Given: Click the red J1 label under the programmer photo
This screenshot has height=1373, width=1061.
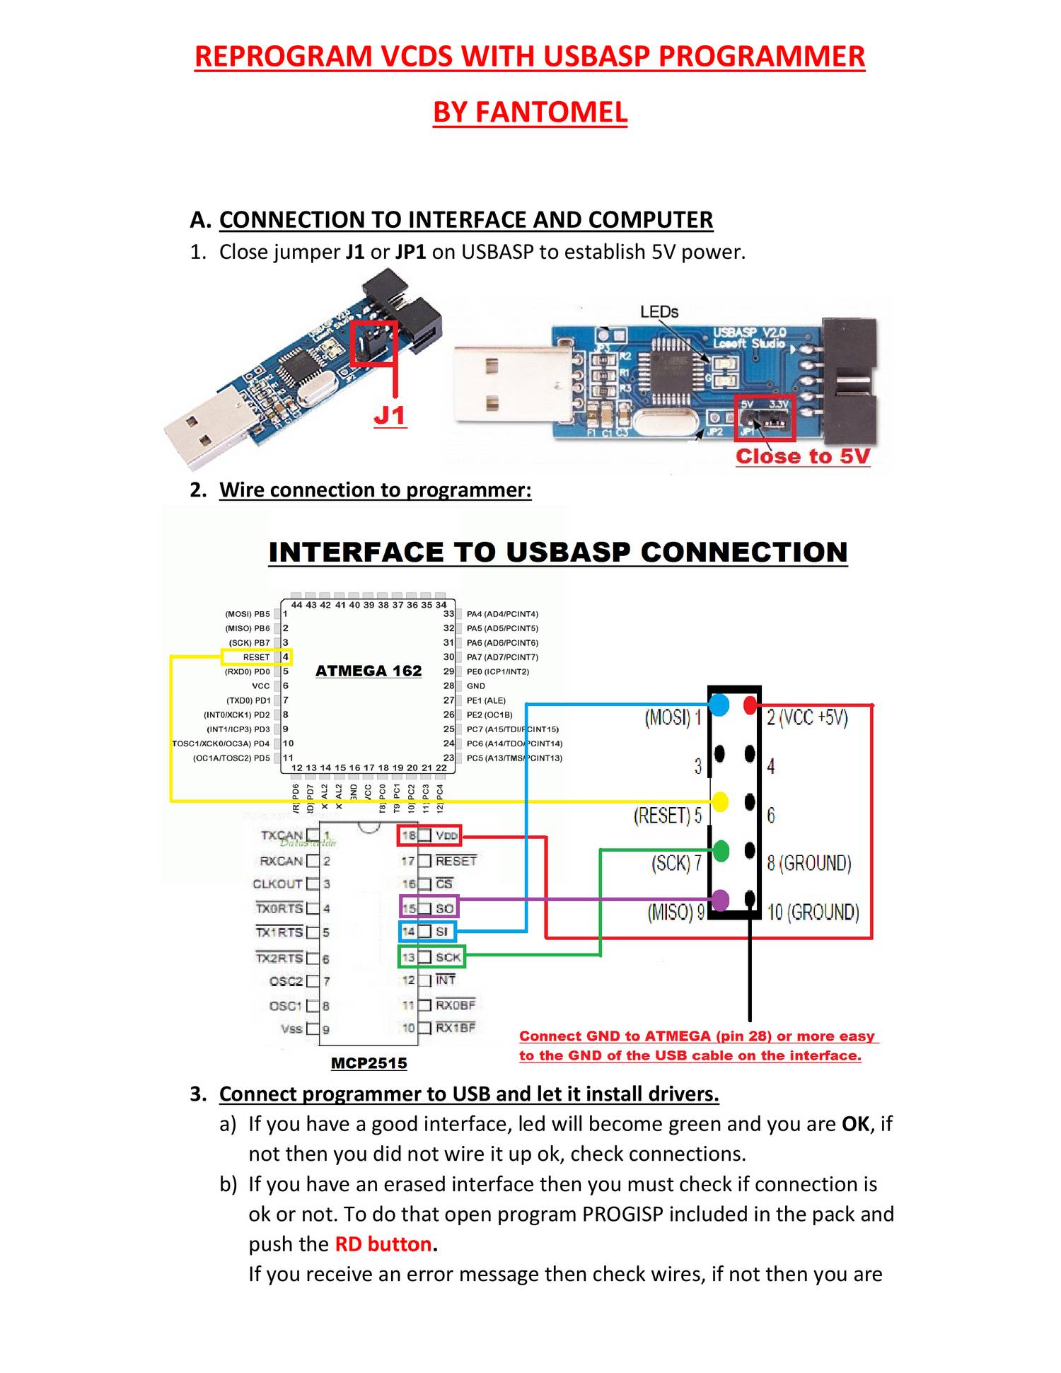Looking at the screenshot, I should click(390, 415).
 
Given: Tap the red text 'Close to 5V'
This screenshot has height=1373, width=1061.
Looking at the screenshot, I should click(802, 456).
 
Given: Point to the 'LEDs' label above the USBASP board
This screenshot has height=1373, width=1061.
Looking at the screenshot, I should click(659, 312).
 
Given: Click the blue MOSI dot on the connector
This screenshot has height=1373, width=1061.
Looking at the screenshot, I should click(719, 705).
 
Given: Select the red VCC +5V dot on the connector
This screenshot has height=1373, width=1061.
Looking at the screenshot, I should click(750, 705).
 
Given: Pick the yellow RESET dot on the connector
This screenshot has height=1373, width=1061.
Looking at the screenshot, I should click(719, 801).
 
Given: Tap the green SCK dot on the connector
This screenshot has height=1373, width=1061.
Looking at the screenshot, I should click(720, 850).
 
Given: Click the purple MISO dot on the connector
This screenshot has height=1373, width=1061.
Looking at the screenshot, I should click(720, 900).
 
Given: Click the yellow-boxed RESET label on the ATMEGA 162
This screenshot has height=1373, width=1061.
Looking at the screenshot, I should click(256, 657).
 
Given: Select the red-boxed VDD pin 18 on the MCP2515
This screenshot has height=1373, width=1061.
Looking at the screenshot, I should click(429, 835).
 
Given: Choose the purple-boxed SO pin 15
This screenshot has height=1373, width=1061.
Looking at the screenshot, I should click(429, 908).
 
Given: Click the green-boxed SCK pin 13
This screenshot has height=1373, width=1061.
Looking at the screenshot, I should click(431, 957).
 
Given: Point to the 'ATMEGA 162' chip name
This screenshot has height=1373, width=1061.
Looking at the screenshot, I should click(368, 671).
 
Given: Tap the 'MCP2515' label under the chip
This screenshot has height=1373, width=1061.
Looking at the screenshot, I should click(369, 1062).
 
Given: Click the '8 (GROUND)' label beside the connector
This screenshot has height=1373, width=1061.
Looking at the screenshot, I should click(808, 863).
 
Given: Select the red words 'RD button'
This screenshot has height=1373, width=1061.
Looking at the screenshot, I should click(383, 1244).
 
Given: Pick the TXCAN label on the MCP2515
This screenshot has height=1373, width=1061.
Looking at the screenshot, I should click(282, 835).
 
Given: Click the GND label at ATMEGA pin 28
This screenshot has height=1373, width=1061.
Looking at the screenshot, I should click(475, 685).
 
